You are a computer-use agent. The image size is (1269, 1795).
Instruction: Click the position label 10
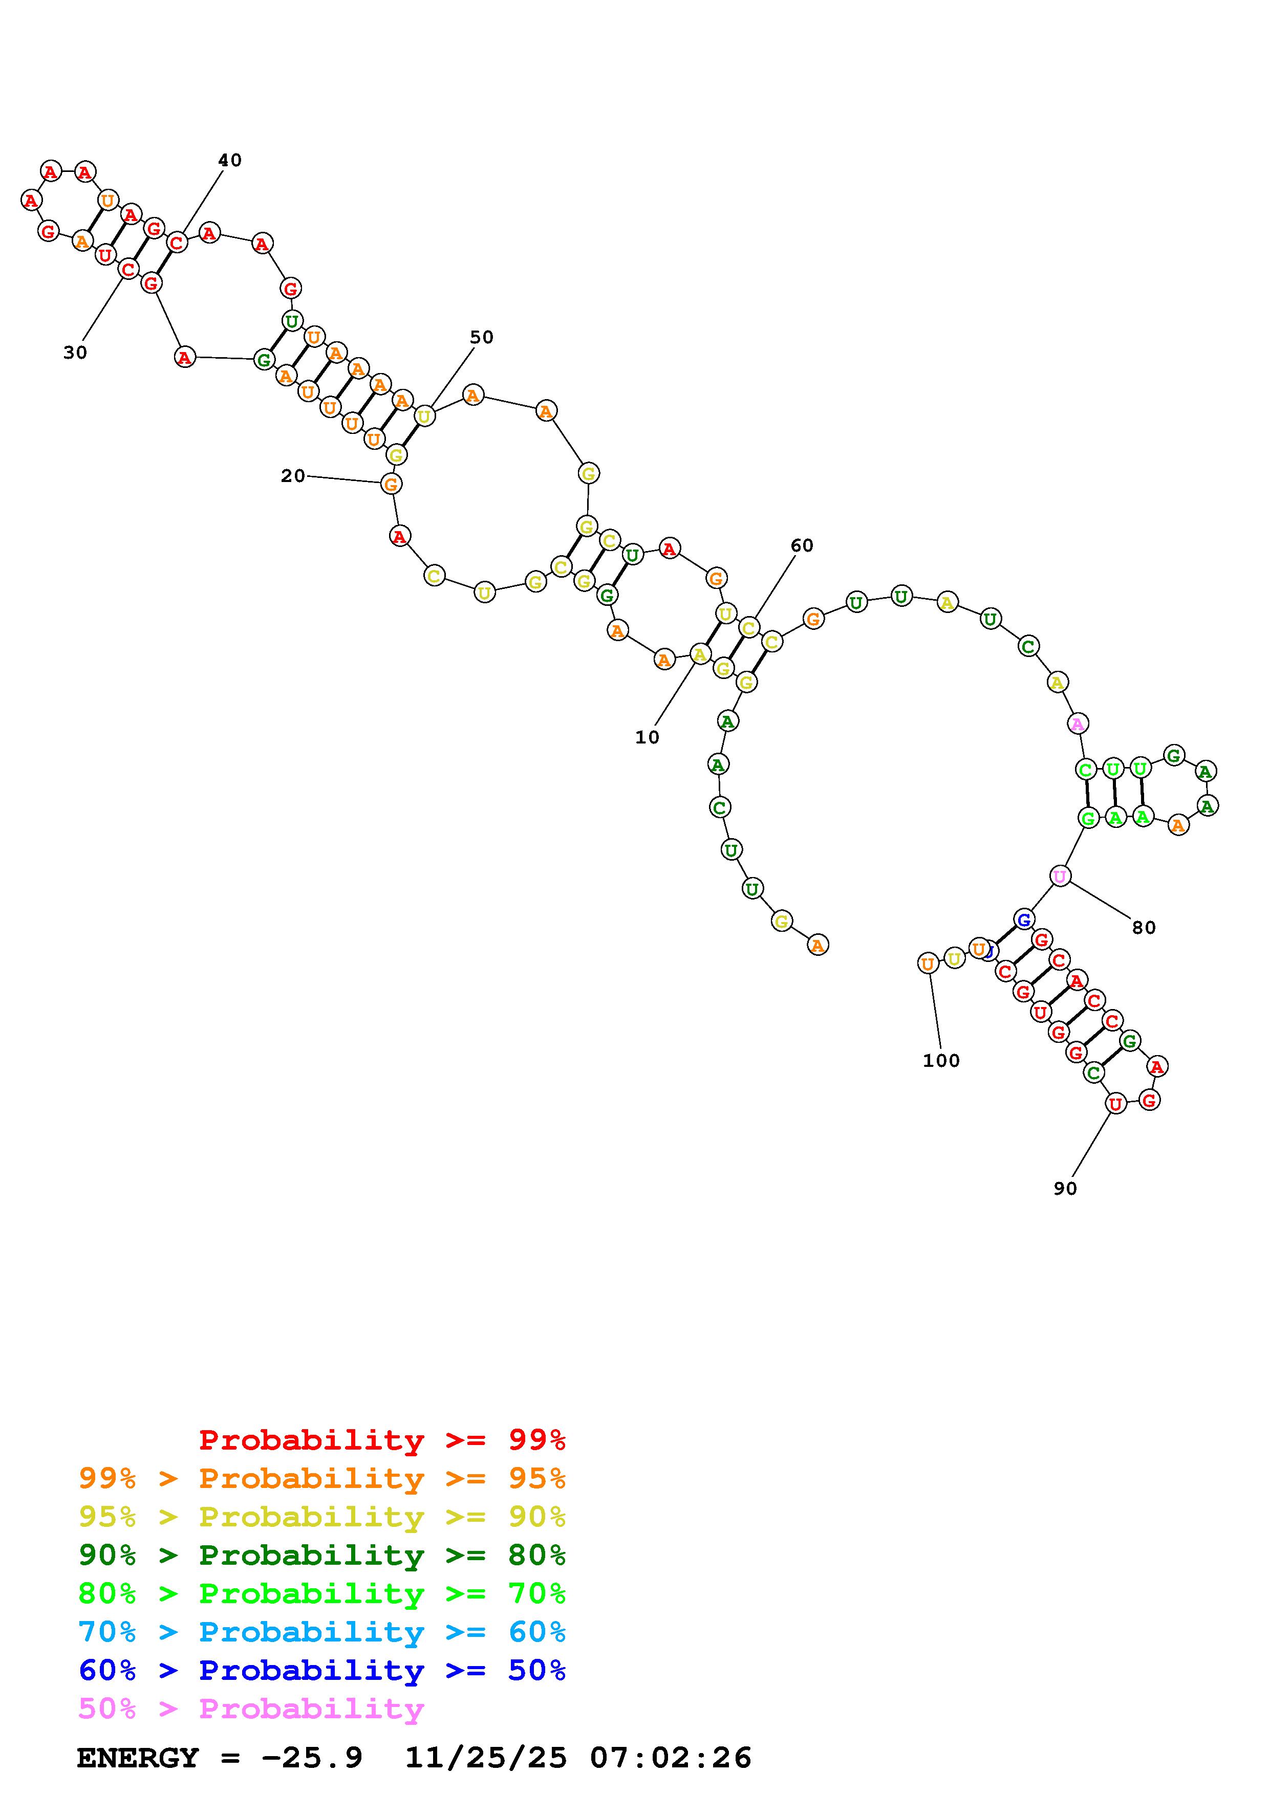(647, 737)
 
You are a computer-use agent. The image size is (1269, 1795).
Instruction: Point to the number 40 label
(229, 160)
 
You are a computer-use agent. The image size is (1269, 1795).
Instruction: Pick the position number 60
(802, 545)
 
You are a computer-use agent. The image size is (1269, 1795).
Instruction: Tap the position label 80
(1143, 928)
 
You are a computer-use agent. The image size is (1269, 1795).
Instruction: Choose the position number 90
(1065, 1188)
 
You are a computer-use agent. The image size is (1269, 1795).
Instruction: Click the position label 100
(940, 1061)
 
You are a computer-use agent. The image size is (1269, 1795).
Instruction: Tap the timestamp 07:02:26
(670, 1758)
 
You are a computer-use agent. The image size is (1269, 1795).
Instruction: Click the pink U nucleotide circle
(1060, 877)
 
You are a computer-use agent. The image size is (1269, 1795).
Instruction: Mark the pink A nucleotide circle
(1078, 724)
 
